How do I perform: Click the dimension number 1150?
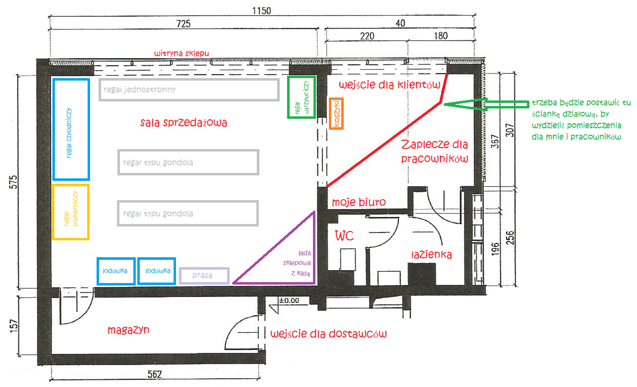[x=262, y=11]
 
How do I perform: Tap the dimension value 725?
[x=184, y=24]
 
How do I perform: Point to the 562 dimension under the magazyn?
[x=155, y=374]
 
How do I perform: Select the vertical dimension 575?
[x=14, y=182]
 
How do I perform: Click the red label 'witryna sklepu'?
[x=182, y=53]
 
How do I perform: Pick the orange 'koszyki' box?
[x=336, y=114]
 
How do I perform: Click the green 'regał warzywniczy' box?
[x=302, y=97]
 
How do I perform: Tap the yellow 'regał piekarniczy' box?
[x=71, y=212]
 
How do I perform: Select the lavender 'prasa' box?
[x=204, y=275]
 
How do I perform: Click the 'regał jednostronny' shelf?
[x=189, y=90]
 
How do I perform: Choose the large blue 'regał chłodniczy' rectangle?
[x=71, y=130]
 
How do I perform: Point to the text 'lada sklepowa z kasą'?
[x=297, y=263]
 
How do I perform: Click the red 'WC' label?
[x=344, y=236]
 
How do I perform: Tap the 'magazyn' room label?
[x=129, y=330]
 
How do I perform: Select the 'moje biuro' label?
[x=359, y=202]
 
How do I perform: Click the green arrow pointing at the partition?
[x=486, y=104]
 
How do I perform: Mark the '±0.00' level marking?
[x=289, y=301]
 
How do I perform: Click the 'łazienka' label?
[x=432, y=254]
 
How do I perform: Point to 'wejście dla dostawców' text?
[x=328, y=334]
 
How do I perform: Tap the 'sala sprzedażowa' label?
[x=184, y=123]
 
